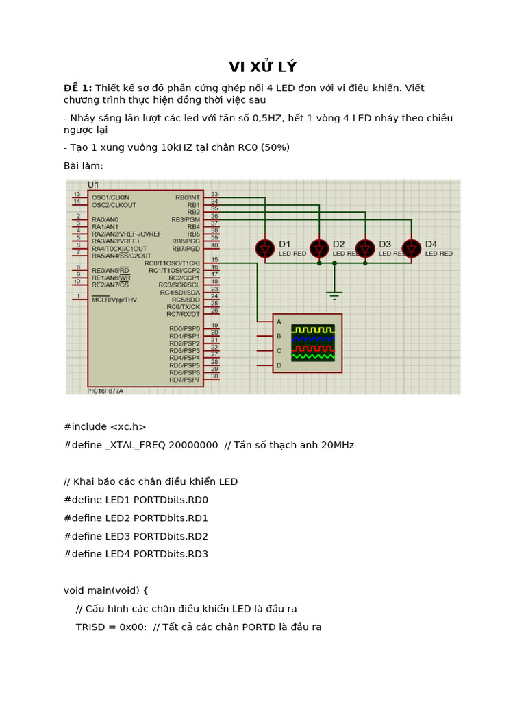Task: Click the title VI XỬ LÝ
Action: (262, 66)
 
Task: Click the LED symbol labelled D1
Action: (264, 248)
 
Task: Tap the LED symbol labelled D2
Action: (318, 248)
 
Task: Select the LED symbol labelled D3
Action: (365, 248)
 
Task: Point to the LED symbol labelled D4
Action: (411, 248)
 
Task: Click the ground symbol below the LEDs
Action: (334, 295)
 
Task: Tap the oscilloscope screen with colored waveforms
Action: (313, 342)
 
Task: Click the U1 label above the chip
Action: (94, 185)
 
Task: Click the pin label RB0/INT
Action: (187, 197)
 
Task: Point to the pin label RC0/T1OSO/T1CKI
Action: (172, 263)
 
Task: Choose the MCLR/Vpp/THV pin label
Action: (114, 300)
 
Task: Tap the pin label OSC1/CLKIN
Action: (110, 197)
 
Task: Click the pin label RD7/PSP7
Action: (184, 380)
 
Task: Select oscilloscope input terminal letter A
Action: (279, 322)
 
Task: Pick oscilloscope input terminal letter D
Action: (279, 365)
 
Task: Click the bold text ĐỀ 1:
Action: (77, 88)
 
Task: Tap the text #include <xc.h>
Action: (105, 426)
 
